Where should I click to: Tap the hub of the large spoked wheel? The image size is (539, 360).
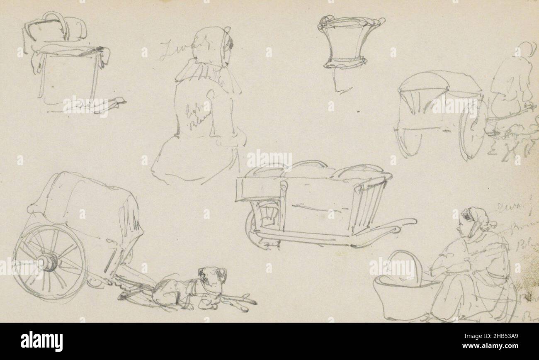point(49,262)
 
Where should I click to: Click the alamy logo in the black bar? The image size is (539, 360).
point(42,341)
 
